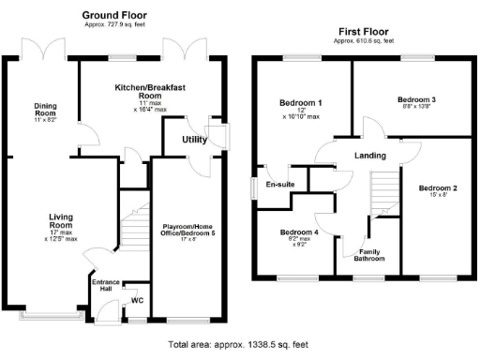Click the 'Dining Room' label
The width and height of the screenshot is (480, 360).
[46, 106]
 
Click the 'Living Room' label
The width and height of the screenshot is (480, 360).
[61, 221]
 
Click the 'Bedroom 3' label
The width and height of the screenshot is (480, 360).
[417, 98]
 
